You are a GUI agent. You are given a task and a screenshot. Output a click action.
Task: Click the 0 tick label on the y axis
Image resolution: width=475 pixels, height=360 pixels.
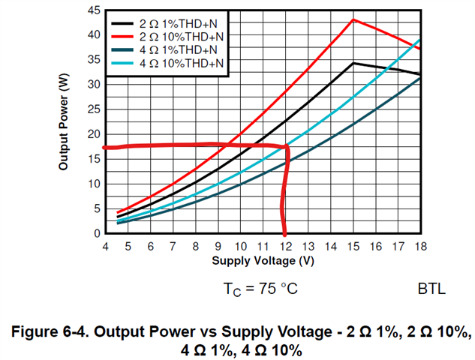point(97,233)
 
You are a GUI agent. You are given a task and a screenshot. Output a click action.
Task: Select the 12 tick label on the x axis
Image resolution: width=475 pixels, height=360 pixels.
point(285,246)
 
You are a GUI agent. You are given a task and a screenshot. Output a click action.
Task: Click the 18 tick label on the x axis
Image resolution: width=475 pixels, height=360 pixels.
point(420,246)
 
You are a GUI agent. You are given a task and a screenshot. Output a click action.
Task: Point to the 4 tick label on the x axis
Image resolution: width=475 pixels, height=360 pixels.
point(105,246)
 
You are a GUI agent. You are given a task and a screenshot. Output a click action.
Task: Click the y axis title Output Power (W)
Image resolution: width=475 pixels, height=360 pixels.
point(65,122)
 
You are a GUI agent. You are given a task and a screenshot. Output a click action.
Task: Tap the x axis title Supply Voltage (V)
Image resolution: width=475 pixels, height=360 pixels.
point(262,261)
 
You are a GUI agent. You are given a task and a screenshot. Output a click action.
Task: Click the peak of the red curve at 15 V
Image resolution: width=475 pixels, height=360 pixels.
point(353,19)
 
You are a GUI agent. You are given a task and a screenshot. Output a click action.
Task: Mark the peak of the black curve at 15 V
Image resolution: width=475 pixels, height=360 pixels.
point(353,63)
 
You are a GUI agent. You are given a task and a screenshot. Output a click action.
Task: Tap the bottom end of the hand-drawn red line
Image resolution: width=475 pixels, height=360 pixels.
point(284,232)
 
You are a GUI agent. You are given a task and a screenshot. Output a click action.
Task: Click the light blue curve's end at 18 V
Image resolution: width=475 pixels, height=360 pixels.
point(419,39)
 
